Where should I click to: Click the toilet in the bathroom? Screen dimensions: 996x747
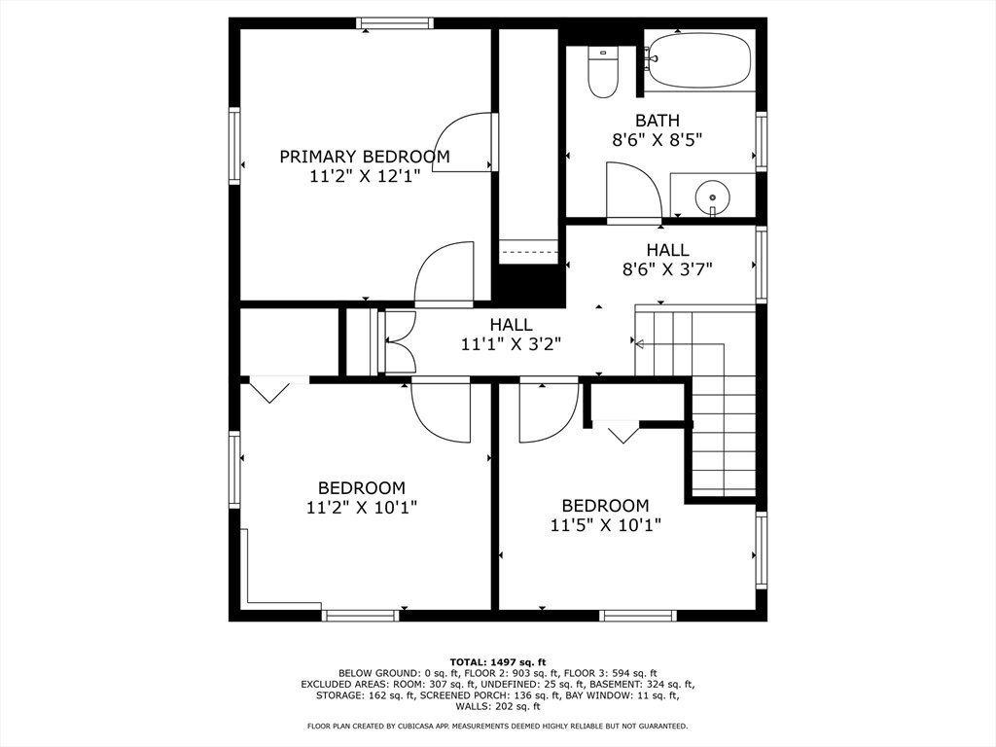(602, 72)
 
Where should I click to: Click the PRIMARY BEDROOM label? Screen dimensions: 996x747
(365, 157)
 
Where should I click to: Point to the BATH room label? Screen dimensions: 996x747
(658, 120)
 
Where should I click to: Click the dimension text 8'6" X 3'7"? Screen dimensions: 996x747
(667, 269)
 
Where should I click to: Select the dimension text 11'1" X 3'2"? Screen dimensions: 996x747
(511, 344)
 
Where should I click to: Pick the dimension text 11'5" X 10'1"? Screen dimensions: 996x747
(605, 525)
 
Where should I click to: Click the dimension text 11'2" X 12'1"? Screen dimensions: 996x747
(365, 176)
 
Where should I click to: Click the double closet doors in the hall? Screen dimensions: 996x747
(400, 341)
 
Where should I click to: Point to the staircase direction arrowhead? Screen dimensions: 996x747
(639, 344)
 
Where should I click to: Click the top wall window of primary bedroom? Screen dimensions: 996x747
(395, 23)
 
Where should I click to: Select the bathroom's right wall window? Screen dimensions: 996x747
(761, 141)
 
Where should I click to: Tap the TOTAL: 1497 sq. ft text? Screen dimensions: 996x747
(498, 662)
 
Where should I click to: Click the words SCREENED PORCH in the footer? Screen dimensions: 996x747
(451, 695)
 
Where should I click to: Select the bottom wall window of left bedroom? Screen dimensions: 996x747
(360, 615)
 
